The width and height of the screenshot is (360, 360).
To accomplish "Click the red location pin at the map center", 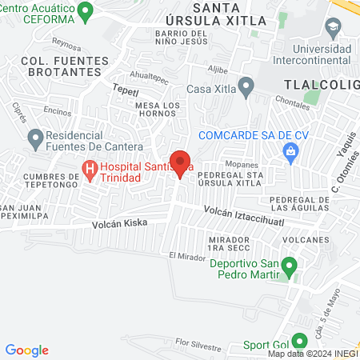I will [x=180, y=163].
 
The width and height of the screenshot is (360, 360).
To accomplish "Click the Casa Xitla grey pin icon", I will [x=246, y=85].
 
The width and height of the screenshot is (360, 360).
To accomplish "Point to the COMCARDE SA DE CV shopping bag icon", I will [x=292, y=150].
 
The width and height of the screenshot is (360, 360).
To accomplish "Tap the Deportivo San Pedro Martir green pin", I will [x=291, y=265].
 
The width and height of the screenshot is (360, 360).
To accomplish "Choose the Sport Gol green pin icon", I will [x=299, y=340].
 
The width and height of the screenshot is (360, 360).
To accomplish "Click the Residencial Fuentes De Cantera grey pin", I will [x=35, y=139].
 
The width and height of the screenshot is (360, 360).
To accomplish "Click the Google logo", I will [x=27, y=350].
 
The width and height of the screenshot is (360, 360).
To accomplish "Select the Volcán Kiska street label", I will [x=119, y=224].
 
